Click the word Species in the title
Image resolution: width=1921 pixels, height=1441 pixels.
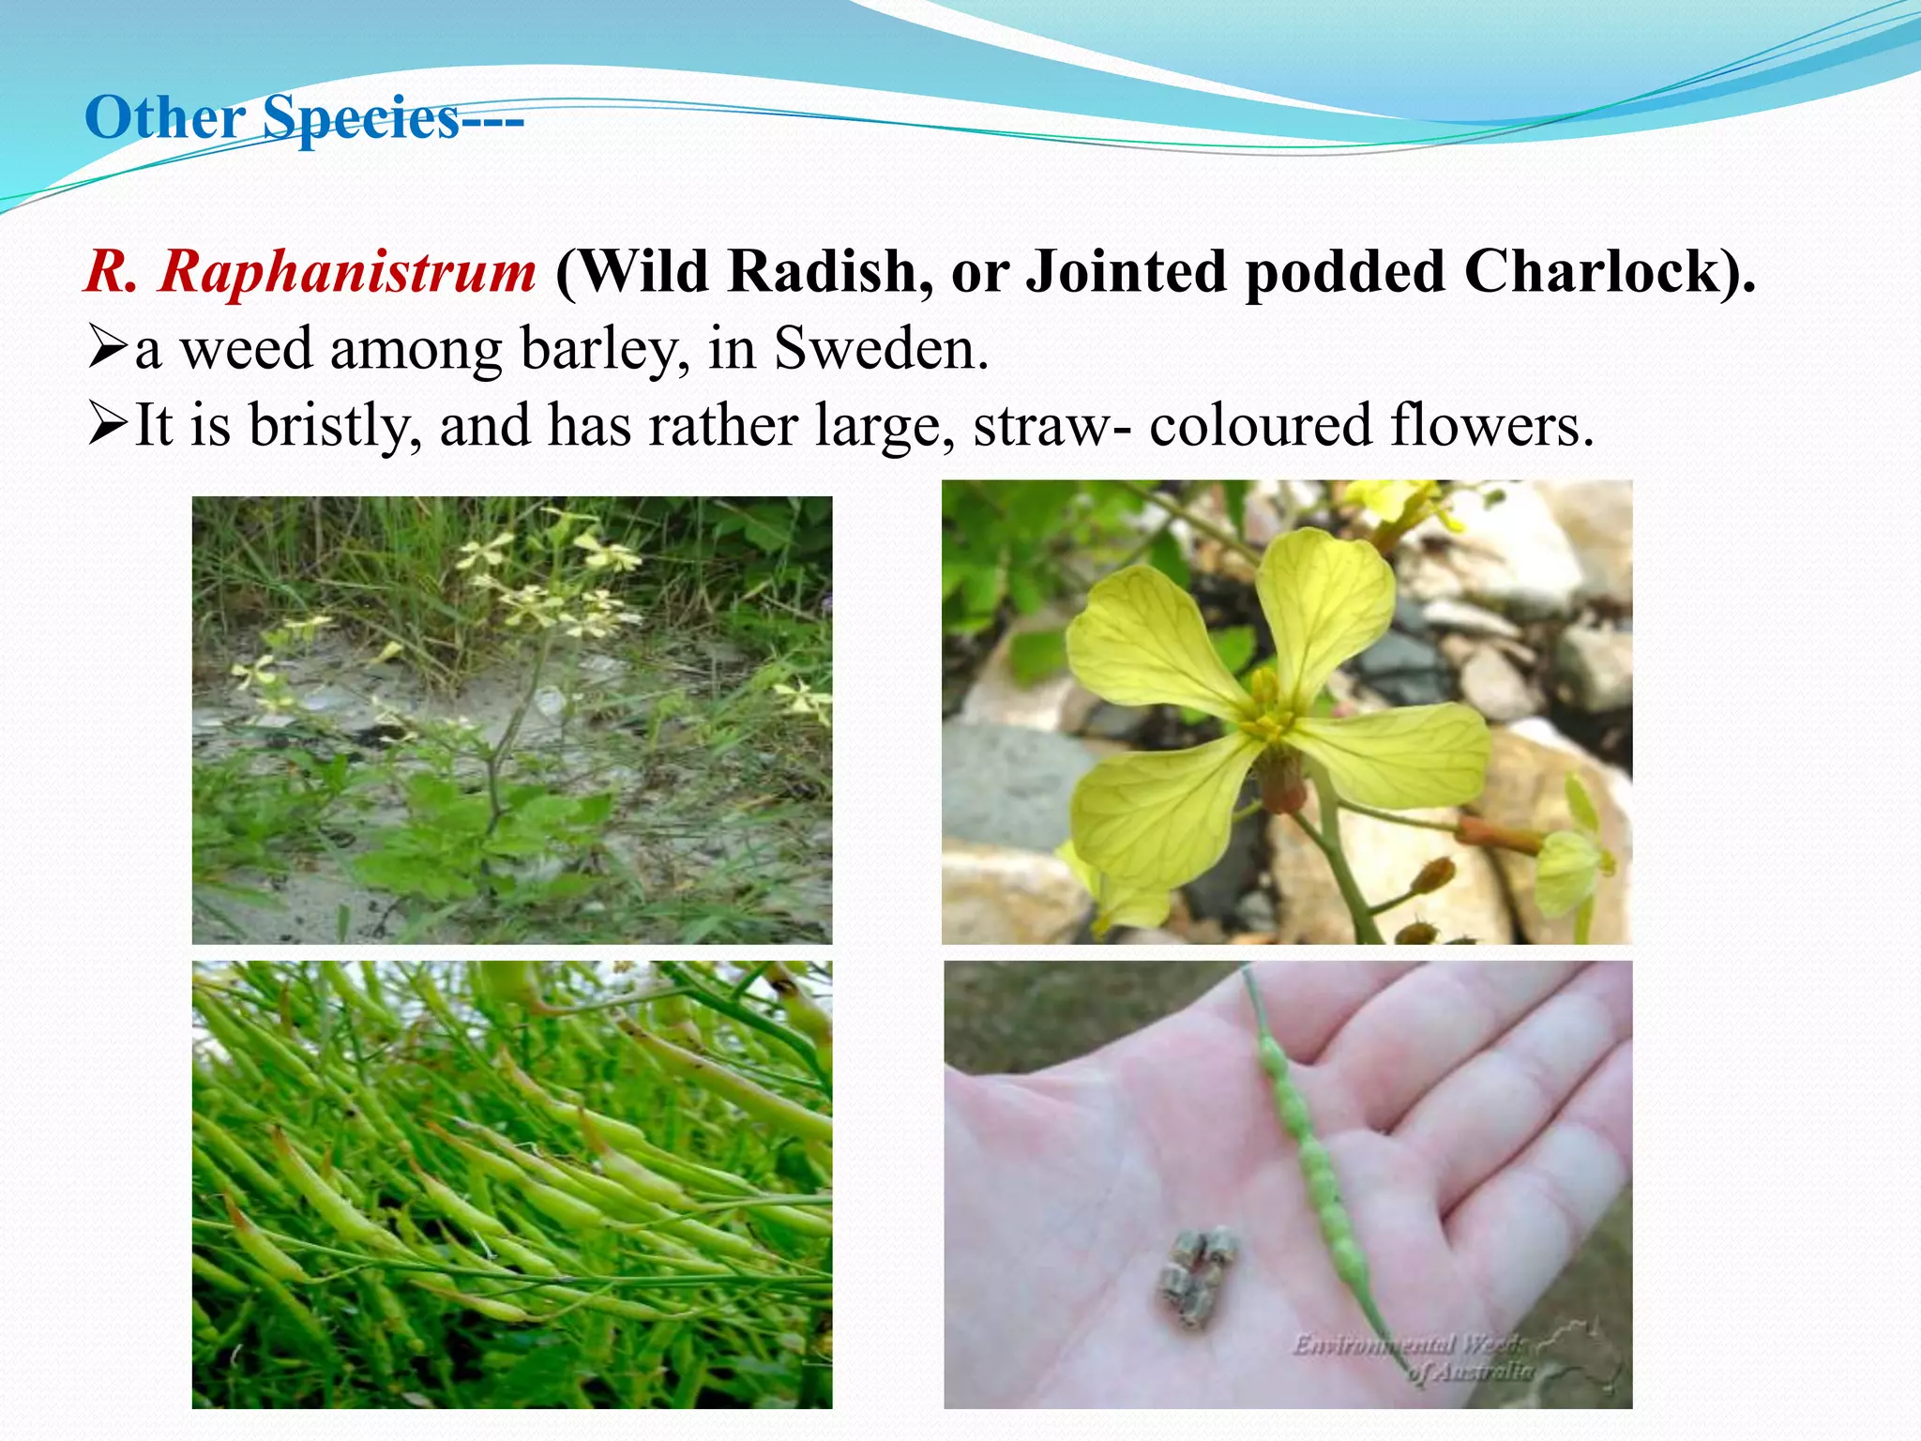click(360, 119)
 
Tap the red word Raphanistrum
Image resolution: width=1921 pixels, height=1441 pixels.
click(347, 272)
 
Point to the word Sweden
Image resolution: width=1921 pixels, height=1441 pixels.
click(881, 349)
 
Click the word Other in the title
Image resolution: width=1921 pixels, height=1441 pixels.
click(164, 119)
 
